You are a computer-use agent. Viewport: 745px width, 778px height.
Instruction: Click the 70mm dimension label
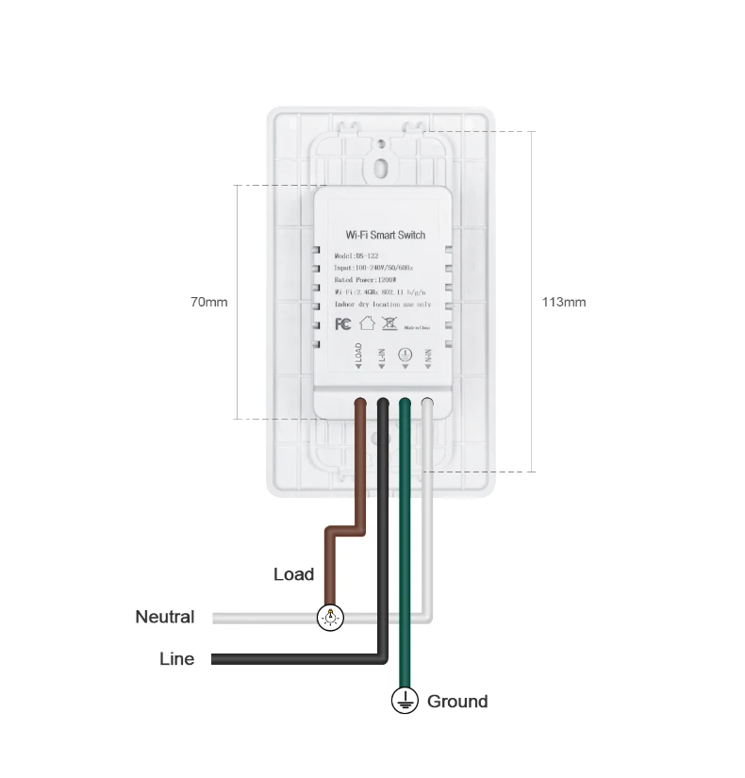pos(208,302)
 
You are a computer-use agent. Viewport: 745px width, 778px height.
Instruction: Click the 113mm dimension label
pos(563,302)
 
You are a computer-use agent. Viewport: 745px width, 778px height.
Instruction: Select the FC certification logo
pos(343,323)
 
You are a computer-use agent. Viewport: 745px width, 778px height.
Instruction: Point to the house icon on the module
pos(367,323)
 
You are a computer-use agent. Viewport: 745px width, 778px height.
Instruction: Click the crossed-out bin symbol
pos(389,323)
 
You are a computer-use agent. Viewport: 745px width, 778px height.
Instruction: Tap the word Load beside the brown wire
pos(293,574)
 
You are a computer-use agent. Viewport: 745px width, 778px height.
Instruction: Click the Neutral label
pos(164,617)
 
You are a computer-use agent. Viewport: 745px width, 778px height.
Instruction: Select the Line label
pos(176,659)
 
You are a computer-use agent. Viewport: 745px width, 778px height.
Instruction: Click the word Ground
pos(457,701)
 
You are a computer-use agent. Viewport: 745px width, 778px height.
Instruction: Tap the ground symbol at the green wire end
pos(405,700)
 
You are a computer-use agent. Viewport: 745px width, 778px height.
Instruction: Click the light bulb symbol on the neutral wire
pos(330,618)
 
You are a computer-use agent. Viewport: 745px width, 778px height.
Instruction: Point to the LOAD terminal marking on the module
pos(358,359)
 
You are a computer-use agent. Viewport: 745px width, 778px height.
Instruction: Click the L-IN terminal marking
pos(381,359)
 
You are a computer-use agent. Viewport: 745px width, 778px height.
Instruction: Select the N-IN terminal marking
pos(427,359)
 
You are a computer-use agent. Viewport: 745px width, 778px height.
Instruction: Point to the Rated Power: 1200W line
pos(365,280)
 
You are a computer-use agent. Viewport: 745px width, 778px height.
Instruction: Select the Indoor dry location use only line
pos(383,305)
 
